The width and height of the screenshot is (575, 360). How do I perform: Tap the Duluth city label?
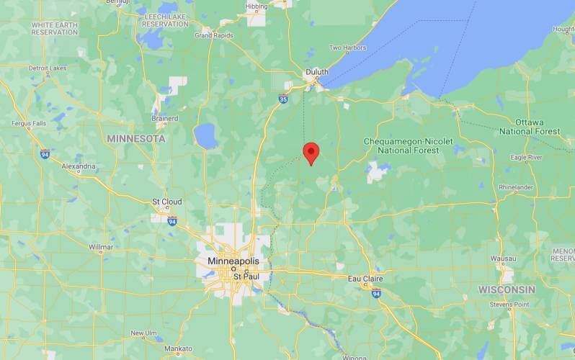pos(316,72)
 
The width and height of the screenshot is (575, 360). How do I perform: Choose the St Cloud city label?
pos(166,202)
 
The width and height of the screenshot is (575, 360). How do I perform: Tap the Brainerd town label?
pos(164,118)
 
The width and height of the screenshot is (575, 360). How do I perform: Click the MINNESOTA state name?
pos(135,138)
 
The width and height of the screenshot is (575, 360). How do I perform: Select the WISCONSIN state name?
pos(507,289)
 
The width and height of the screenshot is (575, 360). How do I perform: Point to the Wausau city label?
pos(503,258)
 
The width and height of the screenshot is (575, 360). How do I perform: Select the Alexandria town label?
pos(79,166)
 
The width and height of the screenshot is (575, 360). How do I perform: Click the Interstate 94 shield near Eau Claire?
pos(376,293)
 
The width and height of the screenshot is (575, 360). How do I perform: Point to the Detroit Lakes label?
pos(48,68)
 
